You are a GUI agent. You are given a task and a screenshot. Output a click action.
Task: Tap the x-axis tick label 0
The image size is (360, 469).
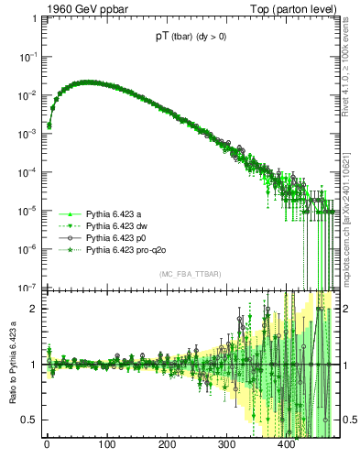[47, 446]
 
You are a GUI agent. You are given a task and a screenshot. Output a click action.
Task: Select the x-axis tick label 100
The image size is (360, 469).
[106, 446]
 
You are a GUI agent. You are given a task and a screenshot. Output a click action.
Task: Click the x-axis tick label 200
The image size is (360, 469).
[167, 446]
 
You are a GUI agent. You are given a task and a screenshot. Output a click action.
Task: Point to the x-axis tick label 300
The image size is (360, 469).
[226, 446]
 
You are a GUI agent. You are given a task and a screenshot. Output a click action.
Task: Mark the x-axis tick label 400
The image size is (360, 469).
[287, 446]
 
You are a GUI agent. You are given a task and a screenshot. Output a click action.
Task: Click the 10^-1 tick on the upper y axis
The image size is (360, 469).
[28, 57]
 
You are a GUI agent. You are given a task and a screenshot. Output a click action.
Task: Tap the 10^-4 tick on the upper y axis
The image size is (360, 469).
[28, 171]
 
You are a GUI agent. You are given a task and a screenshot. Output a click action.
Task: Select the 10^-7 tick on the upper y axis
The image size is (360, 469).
[28, 286]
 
